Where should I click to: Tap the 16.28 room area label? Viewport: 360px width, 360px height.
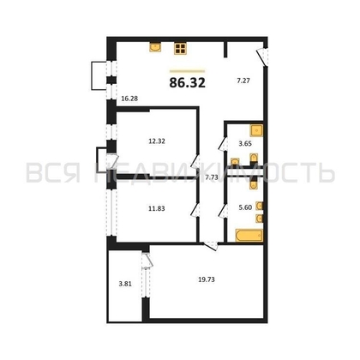tap(129, 99)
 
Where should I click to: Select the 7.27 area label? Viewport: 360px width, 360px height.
tap(245, 81)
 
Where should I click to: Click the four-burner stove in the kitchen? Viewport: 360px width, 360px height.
tap(182, 49)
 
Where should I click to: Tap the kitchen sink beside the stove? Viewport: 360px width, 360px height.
tap(156, 48)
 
